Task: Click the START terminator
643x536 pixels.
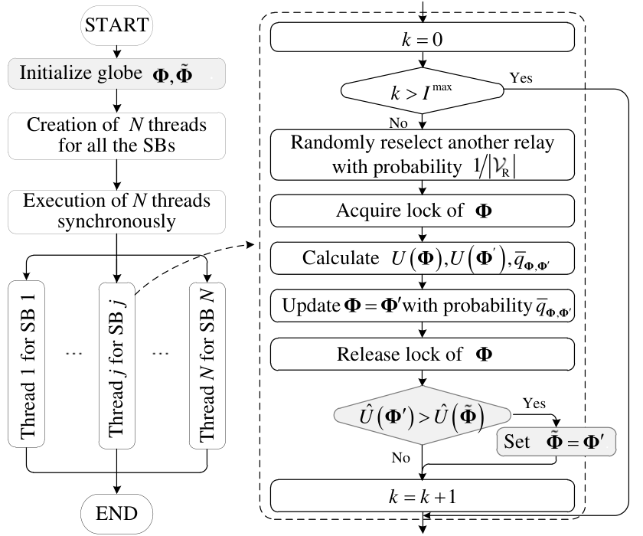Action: pyautogui.click(x=116, y=25)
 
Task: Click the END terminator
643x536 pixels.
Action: pyautogui.click(x=116, y=514)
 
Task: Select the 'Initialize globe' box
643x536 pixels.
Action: pyautogui.click(x=116, y=74)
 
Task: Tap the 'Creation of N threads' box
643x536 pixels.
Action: pyautogui.click(x=116, y=136)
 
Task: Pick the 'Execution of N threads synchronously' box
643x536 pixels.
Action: pyautogui.click(x=116, y=211)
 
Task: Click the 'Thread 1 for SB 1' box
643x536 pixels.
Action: pyautogui.click(x=26, y=364)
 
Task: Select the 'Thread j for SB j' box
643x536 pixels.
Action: pyautogui.click(x=117, y=365)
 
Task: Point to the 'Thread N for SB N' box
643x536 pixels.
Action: pyautogui.click(x=207, y=365)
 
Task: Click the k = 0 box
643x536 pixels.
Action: pyautogui.click(x=423, y=38)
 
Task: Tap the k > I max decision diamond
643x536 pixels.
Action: pyautogui.click(x=423, y=90)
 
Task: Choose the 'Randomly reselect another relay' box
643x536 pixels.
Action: pyautogui.click(x=423, y=155)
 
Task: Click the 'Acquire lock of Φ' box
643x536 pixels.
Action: pyautogui.click(x=423, y=211)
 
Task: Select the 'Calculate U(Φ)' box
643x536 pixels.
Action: pyautogui.click(x=423, y=258)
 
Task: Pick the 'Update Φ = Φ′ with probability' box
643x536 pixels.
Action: pyautogui.click(x=423, y=306)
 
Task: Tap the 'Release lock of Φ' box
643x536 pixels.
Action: pyautogui.click(x=423, y=355)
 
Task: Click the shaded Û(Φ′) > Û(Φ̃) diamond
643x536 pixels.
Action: pyautogui.click(x=423, y=416)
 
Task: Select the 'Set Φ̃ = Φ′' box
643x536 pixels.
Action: pyautogui.click(x=556, y=442)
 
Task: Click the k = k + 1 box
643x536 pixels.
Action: pyautogui.click(x=423, y=496)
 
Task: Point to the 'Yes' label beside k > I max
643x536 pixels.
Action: pyautogui.click(x=521, y=78)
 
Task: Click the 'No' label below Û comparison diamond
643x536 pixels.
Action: pyautogui.click(x=400, y=457)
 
